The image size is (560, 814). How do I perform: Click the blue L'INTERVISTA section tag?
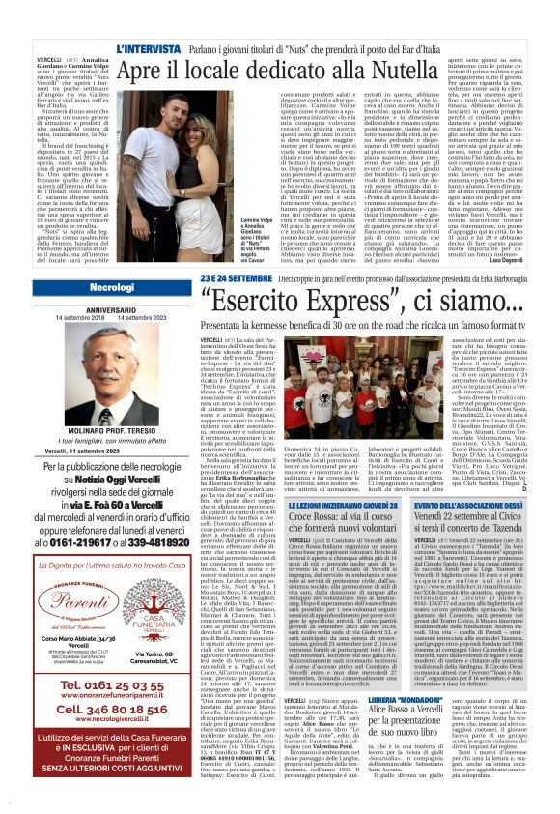[147, 46]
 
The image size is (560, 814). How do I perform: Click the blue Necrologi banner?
[113, 288]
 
